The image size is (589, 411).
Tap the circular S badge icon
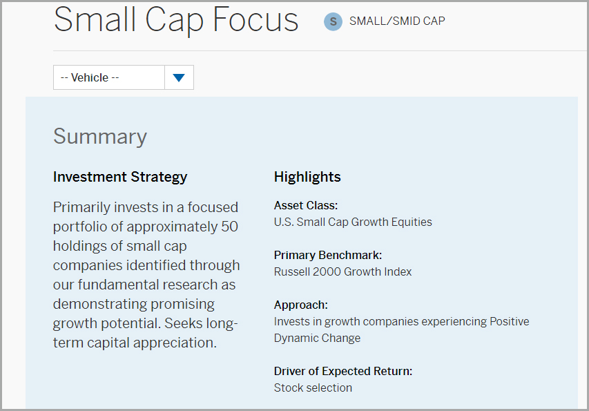(333, 21)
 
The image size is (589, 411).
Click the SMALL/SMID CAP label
(397, 21)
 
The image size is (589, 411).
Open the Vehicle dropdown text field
(109, 77)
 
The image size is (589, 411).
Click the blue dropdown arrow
(179, 77)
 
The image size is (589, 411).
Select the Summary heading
(100, 137)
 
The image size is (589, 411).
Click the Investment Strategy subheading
(120, 177)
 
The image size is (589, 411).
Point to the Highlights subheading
(307, 177)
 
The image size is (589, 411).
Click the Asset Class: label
(306, 205)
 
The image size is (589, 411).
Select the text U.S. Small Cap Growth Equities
(353, 222)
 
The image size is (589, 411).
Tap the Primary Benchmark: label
(328, 255)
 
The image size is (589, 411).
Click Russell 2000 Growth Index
(342, 271)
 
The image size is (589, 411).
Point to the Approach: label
(301, 305)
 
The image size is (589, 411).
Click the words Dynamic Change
(317, 338)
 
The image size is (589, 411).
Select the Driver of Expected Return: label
(343, 371)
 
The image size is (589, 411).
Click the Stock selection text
(313, 388)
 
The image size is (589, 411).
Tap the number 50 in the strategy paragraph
(229, 227)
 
